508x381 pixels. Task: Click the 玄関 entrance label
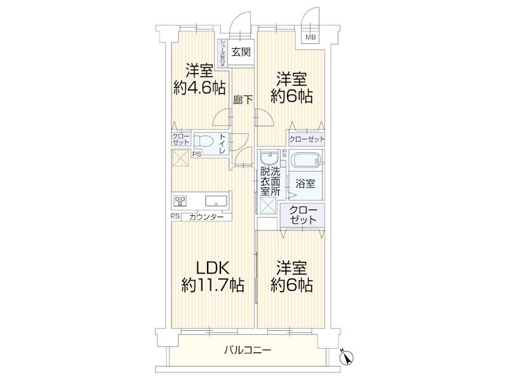241,52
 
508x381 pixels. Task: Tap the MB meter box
311,37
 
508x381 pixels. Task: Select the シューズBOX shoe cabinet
223,53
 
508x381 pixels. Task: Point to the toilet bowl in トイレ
203,142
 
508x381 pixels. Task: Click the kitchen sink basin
216,201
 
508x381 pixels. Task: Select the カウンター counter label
206,217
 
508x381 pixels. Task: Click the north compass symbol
346,357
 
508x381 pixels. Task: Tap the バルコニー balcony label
248,351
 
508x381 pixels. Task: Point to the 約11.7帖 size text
213,285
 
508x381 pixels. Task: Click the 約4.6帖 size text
199,88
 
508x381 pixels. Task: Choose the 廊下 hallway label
243,100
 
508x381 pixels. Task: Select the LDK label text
213,267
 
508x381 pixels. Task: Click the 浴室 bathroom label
305,184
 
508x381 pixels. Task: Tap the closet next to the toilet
181,139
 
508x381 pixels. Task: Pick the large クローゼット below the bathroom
303,215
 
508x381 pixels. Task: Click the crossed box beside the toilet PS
179,157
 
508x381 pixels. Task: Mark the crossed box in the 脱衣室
268,205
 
